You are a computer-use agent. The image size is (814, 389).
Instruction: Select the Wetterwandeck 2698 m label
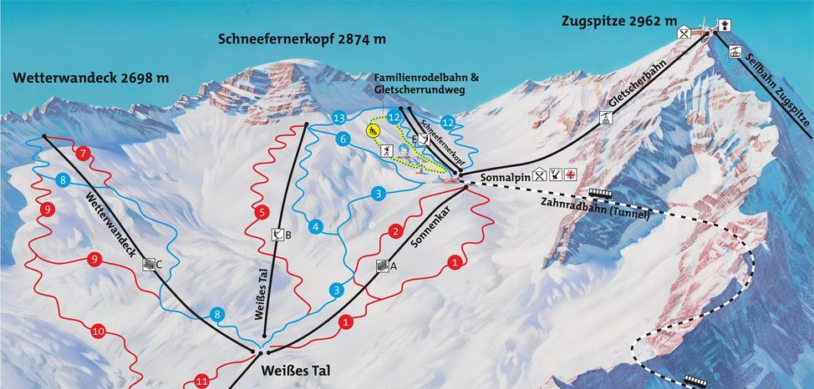coord(90,78)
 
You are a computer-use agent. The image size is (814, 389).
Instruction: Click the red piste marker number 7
coord(83,154)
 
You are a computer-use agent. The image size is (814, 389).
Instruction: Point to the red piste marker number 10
coord(98,331)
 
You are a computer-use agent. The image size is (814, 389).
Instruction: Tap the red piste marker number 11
coord(201,381)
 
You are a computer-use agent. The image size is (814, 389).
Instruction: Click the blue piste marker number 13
coord(338,118)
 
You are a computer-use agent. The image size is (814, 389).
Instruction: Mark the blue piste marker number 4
coord(315,226)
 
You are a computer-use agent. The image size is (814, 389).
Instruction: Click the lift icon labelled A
coord(382,265)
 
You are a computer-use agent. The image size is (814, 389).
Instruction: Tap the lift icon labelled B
coord(277,235)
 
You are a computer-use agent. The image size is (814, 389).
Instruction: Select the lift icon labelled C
coord(149,264)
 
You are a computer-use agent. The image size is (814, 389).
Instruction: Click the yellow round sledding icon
coord(372,131)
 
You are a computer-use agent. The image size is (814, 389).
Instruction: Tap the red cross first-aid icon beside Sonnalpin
coord(571,174)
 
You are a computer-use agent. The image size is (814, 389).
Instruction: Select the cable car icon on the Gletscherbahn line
coord(602,118)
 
